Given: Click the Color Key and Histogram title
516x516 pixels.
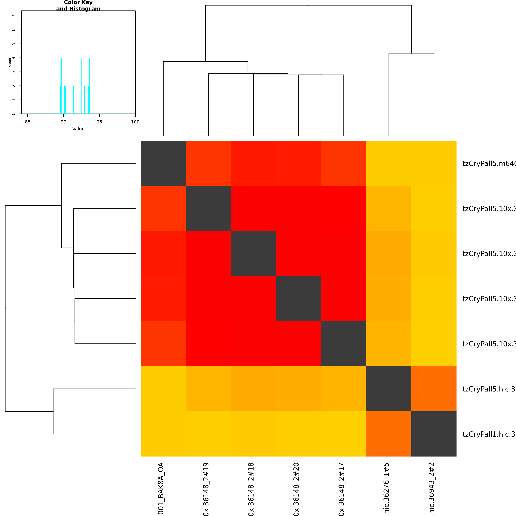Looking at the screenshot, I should (78, 6).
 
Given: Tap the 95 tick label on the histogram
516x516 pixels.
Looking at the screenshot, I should (99, 122).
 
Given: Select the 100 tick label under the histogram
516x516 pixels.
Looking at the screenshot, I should (135, 122).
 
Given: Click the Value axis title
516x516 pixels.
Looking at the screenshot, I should (78, 129).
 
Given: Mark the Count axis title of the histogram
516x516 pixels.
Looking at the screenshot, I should (10, 62).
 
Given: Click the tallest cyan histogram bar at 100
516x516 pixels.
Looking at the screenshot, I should (135, 64).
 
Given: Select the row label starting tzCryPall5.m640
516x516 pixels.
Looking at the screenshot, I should (489, 163).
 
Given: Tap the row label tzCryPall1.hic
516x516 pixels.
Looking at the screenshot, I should (489, 434).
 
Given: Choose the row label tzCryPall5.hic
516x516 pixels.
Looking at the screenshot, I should (489, 389).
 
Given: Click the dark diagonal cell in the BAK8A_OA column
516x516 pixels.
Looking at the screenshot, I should (163, 163).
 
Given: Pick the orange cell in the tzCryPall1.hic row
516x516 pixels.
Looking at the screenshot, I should (389, 434).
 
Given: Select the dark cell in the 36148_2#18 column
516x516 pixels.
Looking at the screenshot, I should (254, 254).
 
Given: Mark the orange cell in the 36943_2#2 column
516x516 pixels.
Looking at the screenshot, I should (434, 389).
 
